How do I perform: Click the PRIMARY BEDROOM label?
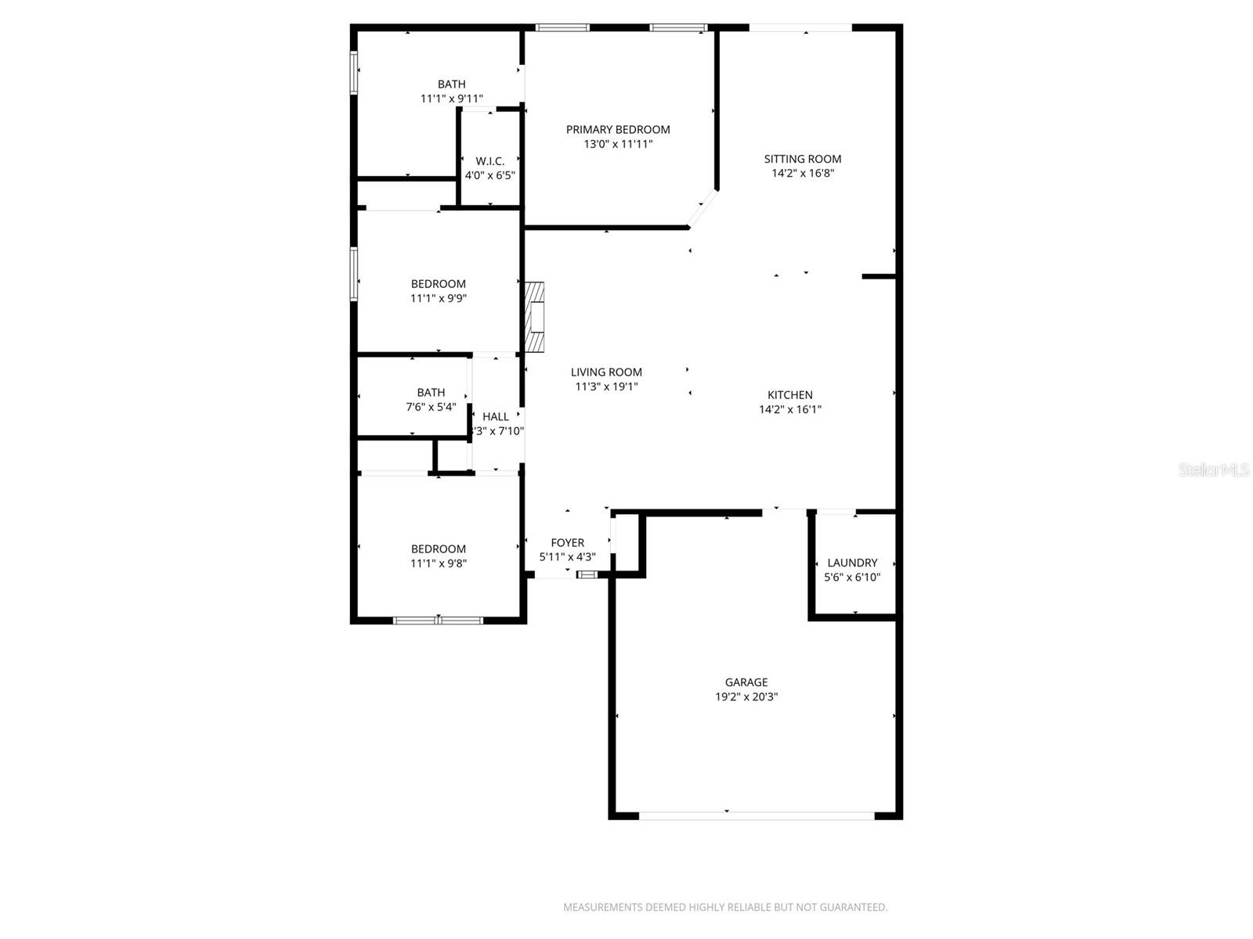point(618,129)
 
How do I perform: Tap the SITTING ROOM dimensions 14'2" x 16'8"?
point(803,174)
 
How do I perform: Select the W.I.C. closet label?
point(490,161)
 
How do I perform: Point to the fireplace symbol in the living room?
point(535,318)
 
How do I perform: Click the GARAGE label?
point(746,682)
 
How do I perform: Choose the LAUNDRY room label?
point(852,563)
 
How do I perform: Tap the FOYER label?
point(567,542)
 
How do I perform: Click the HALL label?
point(496,416)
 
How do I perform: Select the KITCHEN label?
point(789,395)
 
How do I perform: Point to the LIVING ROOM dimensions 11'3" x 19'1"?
point(606,387)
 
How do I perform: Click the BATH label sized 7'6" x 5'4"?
point(431,392)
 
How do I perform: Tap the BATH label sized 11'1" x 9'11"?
point(451,84)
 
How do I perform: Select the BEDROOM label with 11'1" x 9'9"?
point(438,284)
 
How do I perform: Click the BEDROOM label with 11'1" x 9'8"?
point(438,549)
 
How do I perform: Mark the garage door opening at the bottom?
point(756,815)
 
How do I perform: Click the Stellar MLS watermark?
point(1213,470)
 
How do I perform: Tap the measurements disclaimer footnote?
point(725,908)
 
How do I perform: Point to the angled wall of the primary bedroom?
point(702,208)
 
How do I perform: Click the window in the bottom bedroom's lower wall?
point(438,621)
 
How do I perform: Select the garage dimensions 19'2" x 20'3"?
point(746,697)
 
